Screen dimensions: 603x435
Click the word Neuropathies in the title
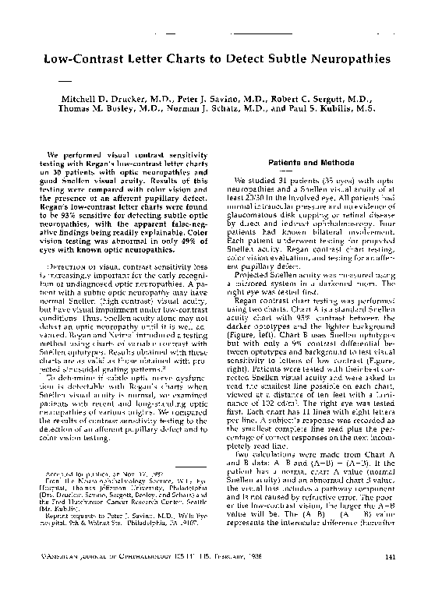click(x=342, y=58)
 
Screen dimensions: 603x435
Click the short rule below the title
click(x=65, y=80)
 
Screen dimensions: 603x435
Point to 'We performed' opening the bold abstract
click(x=72, y=154)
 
